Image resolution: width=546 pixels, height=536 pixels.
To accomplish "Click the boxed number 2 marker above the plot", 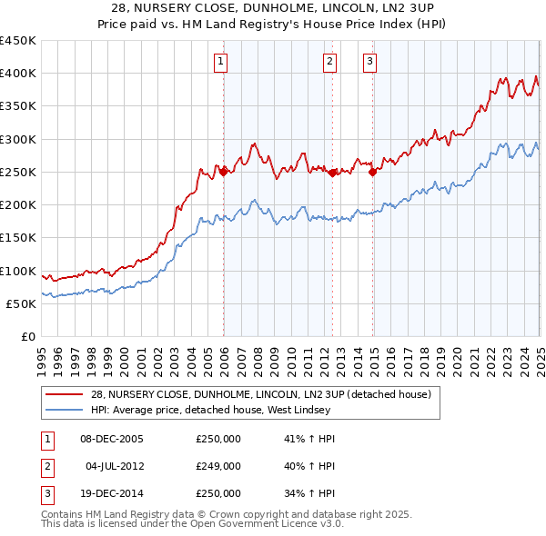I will tap(329, 62).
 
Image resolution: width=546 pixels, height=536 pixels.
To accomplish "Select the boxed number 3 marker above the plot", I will tap(370, 62).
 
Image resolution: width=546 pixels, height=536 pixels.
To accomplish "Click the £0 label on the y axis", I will tap(28, 337).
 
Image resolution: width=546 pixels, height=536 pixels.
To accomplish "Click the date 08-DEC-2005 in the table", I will tap(112, 438).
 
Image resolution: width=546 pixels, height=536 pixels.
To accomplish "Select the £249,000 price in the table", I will tap(218, 466).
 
